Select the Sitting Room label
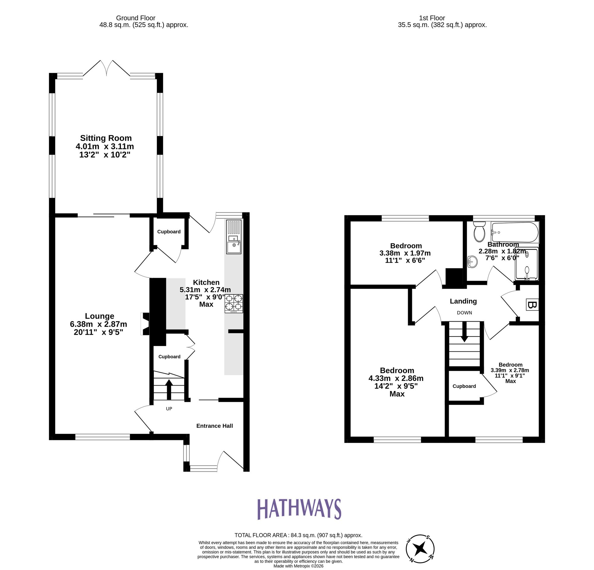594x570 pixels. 106,138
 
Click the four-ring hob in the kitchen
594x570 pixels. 234,303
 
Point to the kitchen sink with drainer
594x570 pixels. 234,237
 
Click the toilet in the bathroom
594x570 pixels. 479,232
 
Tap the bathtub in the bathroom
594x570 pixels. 515,232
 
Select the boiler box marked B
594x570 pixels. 533,305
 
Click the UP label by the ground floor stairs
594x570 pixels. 169,409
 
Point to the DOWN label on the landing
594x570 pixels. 464,313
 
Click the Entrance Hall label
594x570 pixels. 214,426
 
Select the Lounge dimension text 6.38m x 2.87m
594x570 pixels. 99,324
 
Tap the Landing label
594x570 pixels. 463,301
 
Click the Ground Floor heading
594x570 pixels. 135,18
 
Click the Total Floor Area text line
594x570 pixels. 298,535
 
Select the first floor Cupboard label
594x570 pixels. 464,386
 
